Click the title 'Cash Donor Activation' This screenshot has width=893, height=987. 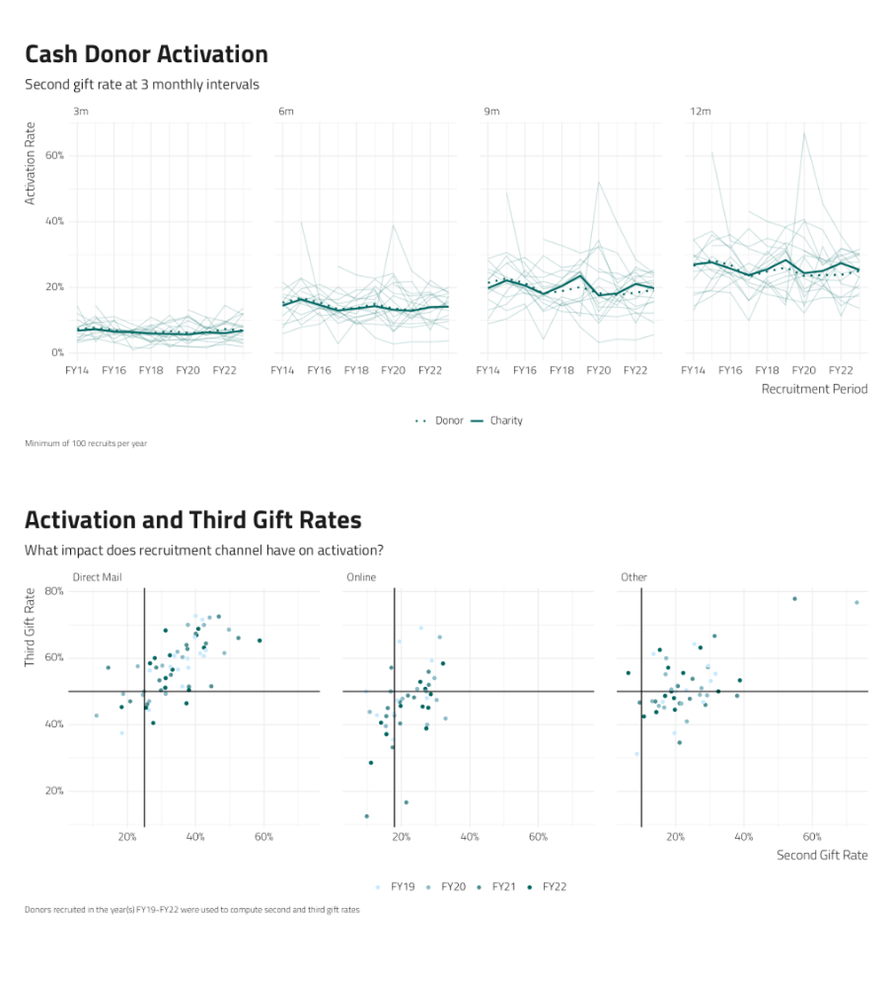tap(146, 55)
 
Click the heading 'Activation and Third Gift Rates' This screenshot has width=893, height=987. tap(193, 520)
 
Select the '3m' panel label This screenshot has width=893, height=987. tap(80, 111)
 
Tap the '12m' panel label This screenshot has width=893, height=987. tap(700, 111)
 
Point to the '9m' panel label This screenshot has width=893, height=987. tap(492, 111)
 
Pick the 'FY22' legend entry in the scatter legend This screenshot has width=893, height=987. tap(554, 886)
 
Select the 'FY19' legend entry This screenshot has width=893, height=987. tap(402, 886)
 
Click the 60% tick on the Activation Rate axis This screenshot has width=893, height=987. tap(53, 155)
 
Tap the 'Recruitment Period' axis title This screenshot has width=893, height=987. tap(814, 389)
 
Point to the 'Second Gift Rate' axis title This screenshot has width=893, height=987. tap(821, 855)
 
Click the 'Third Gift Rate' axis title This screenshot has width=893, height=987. tap(31, 627)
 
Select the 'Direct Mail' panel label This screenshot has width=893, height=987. tap(97, 577)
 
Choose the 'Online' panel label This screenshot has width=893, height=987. tap(361, 577)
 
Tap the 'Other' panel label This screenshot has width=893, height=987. tap(634, 577)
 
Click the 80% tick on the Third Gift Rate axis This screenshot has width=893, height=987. tap(55, 591)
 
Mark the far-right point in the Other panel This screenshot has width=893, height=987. tap(857, 602)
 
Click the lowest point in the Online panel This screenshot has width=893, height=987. tap(367, 816)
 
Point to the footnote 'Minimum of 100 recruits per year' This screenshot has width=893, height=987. tap(86, 443)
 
